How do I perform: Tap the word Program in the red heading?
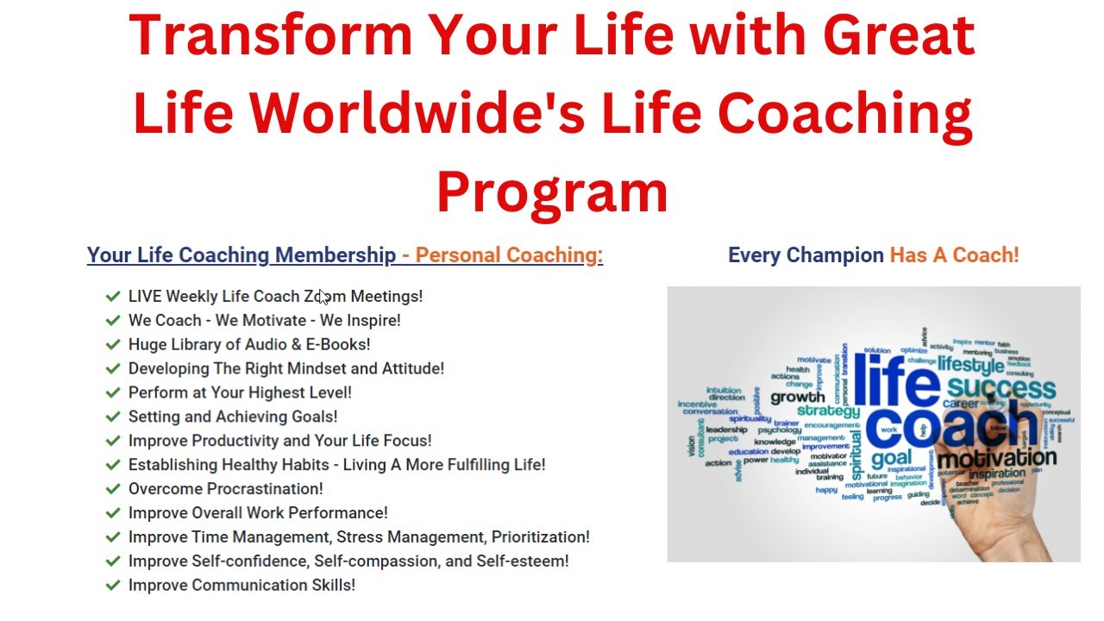click(552, 191)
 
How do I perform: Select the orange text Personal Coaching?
click(509, 255)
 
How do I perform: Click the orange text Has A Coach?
click(954, 255)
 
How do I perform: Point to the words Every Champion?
click(806, 255)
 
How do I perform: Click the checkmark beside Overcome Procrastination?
click(112, 489)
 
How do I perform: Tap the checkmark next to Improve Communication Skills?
click(112, 586)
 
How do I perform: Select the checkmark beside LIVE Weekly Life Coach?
click(112, 297)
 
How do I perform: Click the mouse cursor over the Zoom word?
click(324, 298)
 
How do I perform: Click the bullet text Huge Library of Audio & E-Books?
click(249, 344)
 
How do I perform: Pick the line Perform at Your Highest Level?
click(240, 392)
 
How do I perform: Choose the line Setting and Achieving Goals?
click(233, 417)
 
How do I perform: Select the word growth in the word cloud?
click(798, 398)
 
